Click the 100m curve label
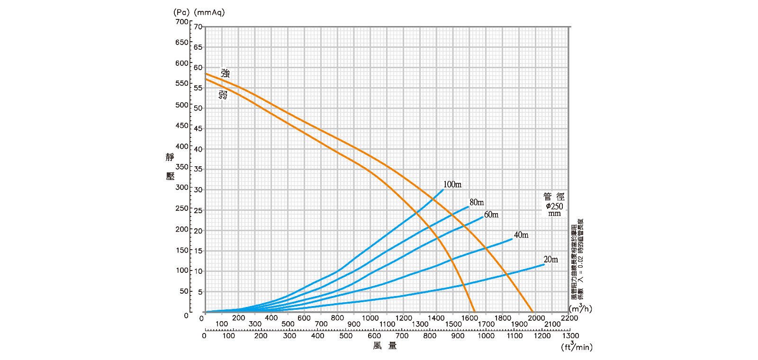point(452,184)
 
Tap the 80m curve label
point(477,202)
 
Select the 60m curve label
point(491,215)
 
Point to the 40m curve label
point(521,235)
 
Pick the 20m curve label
point(550,259)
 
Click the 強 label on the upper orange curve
point(226,73)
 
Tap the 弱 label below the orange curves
point(223,95)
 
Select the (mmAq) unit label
point(209,12)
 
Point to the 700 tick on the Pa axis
point(181,21)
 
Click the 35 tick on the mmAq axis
point(198,169)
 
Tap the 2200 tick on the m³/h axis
point(569,318)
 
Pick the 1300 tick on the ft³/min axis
point(570,335)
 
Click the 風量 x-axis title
point(385,346)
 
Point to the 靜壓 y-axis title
point(170,166)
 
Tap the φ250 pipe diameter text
point(554,206)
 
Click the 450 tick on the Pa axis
point(181,126)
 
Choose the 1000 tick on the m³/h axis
point(370,318)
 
